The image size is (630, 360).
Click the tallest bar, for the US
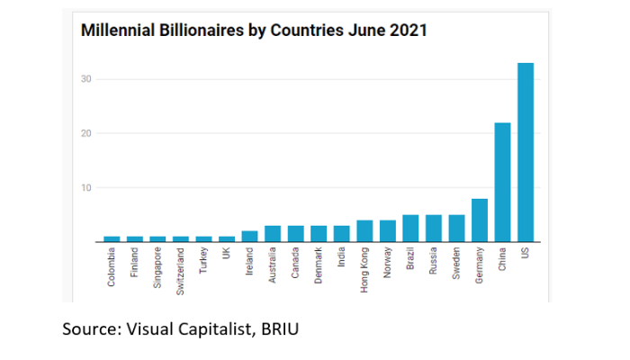point(526,153)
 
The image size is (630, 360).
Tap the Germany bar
point(480,220)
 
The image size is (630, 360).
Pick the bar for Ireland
point(249,237)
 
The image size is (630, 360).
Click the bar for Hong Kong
point(364,231)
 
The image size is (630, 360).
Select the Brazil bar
point(410,229)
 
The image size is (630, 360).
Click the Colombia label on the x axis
point(112,268)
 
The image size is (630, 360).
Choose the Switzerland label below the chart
point(181,271)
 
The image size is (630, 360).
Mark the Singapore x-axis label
point(157,269)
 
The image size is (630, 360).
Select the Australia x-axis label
point(273,267)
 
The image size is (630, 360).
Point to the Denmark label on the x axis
point(319,267)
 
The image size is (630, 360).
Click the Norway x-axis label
point(388,264)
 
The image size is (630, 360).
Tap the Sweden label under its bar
point(457,265)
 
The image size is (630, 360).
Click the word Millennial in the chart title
point(115,31)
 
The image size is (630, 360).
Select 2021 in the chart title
point(409,31)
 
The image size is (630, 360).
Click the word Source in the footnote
point(87,330)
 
